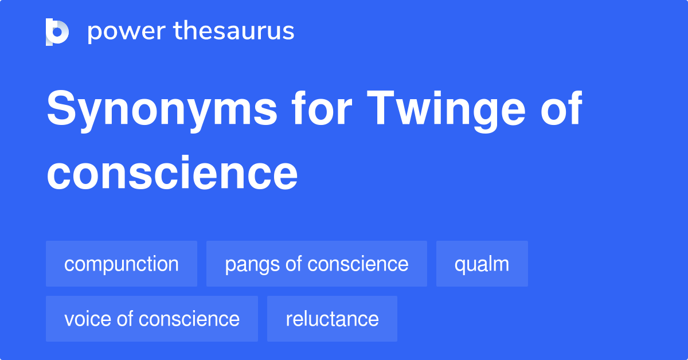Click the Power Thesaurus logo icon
click(x=57, y=32)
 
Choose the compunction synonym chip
click(x=122, y=264)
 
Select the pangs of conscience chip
click(x=316, y=264)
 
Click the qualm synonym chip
click(x=482, y=264)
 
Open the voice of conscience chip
click(x=152, y=319)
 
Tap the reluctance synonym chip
click(x=332, y=319)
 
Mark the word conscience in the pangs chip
click(x=358, y=264)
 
